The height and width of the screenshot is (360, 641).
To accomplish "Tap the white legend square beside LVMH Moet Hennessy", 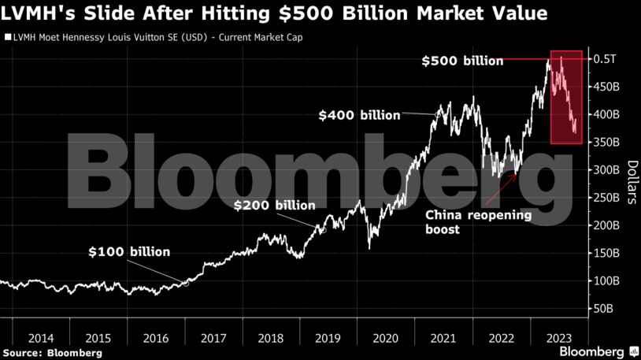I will pos(8,36).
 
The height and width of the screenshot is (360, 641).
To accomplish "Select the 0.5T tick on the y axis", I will pos(605,59).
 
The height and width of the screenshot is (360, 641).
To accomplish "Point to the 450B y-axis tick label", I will pos(607,87).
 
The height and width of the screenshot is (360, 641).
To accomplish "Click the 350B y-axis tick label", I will pos(607,143).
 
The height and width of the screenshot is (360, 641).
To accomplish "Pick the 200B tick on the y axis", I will pos(607,226).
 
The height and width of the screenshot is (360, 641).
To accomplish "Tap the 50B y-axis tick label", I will pos(604,309).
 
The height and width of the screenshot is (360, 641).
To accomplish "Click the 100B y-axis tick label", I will pos(607,281).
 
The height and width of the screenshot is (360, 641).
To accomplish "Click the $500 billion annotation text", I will pos(461,61).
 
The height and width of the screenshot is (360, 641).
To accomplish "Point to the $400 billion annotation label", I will pos(358,115).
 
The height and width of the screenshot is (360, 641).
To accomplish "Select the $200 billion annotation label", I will pos(275,206).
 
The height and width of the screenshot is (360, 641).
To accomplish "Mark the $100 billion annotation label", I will pos(128,253).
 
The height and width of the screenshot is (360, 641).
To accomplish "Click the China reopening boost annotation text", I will pos(478,222).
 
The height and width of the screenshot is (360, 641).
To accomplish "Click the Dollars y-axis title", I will pos(632,182).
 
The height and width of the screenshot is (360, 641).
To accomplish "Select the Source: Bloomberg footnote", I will pos(52,353).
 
